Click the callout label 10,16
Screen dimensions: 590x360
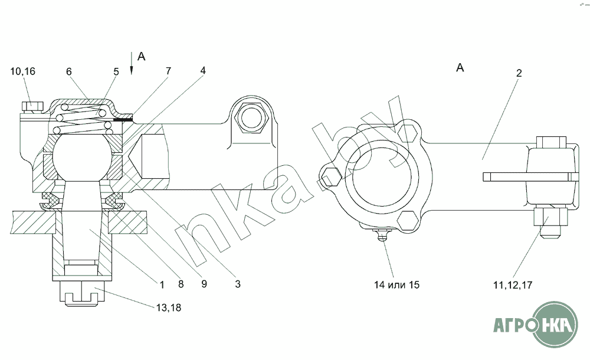[x=22, y=71]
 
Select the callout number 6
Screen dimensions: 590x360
[x=69, y=71]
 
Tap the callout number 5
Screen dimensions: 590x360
[x=116, y=71]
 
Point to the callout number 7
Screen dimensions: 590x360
[x=168, y=70]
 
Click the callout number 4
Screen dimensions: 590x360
[x=203, y=70]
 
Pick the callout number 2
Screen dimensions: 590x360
[x=519, y=73]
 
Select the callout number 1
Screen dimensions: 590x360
[x=162, y=284]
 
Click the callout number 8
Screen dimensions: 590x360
[x=181, y=284]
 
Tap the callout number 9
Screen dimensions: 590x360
[x=204, y=283]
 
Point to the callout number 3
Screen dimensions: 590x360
[x=237, y=283]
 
